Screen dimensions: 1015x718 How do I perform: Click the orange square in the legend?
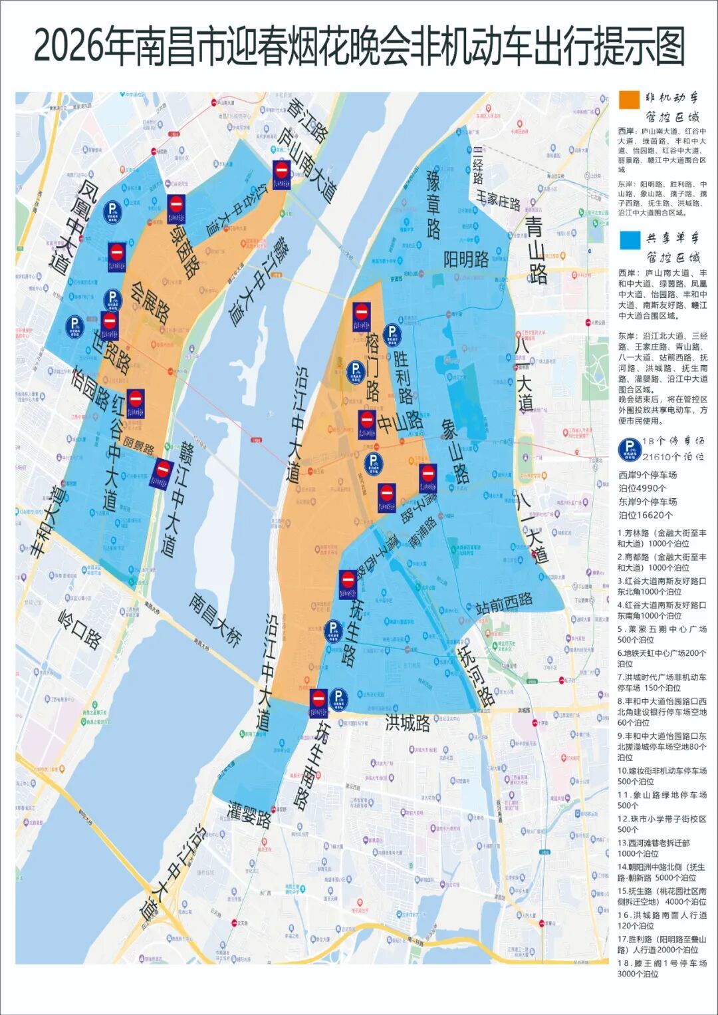[x=629, y=100]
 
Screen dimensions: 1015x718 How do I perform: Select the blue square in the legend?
[x=629, y=240]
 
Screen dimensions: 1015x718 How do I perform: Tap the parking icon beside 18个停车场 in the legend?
[x=629, y=450]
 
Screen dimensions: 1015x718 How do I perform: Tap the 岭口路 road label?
[x=80, y=629]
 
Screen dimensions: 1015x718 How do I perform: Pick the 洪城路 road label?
[x=408, y=722]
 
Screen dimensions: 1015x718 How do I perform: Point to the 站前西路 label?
[x=504, y=603]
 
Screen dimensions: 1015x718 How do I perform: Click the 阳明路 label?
[x=466, y=259]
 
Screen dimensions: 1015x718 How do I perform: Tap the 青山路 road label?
[x=535, y=249]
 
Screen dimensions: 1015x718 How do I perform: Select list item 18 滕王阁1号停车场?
[x=661, y=968]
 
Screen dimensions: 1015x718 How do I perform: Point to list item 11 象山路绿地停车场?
[x=661, y=799]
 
